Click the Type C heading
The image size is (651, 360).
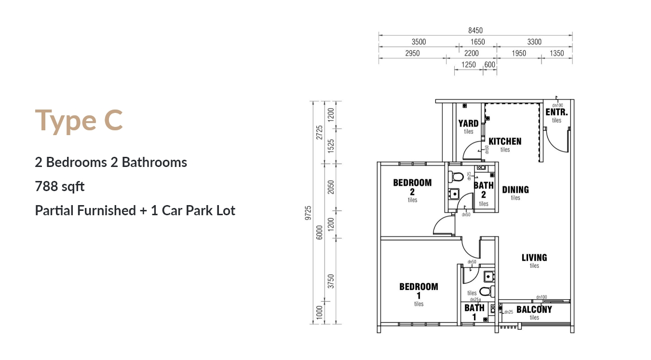[79, 120]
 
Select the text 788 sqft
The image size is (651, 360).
[60, 186]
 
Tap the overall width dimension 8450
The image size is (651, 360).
[475, 30]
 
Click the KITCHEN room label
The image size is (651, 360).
[505, 141]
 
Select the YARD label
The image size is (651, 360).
[468, 124]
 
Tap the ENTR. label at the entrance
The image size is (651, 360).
[556, 112]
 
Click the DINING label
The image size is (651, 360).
[515, 190]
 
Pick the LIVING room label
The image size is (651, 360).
[534, 258]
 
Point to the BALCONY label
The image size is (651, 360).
[534, 309]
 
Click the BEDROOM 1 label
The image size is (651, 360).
[419, 291]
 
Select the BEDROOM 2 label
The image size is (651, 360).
[412, 187]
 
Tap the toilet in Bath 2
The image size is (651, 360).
[456, 177]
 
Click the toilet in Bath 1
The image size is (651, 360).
[487, 291]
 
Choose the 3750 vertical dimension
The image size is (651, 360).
[331, 281]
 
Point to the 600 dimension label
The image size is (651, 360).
[489, 65]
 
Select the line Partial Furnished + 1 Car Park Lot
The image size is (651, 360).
[135, 210]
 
